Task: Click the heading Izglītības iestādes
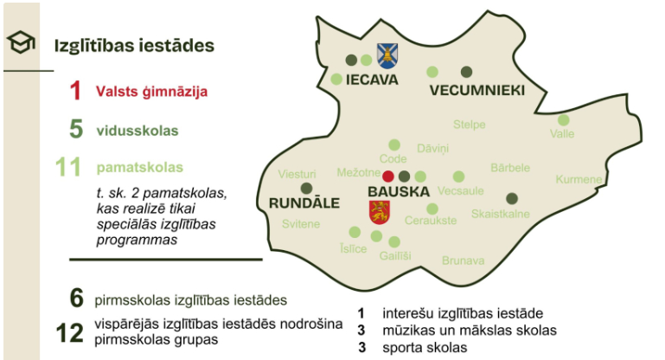coord(134,46)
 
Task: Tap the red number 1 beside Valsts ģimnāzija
coord(76,90)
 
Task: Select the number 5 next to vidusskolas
coord(76,131)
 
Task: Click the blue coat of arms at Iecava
coord(387,56)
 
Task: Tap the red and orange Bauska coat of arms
coord(379,211)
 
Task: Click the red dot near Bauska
coord(388,176)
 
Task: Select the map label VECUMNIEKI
coord(476,91)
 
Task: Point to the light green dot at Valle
coord(564,120)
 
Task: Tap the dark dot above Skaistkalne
coord(512,198)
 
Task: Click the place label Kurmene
coord(579,180)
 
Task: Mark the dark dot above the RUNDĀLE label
coord(305,188)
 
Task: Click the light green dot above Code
coord(394,145)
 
